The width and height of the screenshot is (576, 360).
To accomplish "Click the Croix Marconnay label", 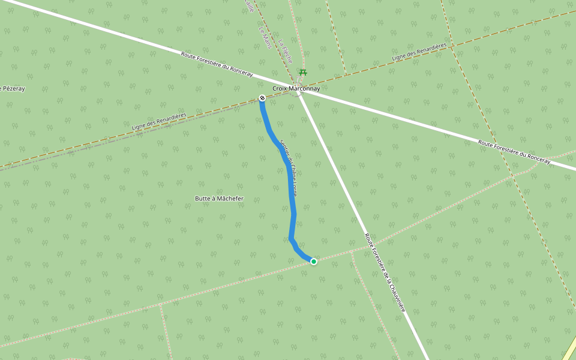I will pos(296,89).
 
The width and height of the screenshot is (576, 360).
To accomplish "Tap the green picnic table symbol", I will pos(303,72).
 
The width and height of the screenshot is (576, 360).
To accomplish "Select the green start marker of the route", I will pos(313,261).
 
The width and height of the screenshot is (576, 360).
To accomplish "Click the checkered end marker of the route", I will pos(262,98).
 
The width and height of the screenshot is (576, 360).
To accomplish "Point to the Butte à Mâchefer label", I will pos(220,198).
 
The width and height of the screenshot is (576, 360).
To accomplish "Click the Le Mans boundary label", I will pos(265,38).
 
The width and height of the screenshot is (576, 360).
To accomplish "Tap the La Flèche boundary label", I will pos(285,51).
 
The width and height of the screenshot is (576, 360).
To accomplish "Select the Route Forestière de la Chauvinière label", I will pos(385,272).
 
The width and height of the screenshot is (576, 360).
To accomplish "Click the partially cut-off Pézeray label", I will pos(13,89).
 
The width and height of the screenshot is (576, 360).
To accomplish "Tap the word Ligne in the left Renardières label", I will pos(140,127).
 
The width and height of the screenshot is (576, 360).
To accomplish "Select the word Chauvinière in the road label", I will pos(395,294).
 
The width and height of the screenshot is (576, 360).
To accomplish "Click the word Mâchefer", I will pos(230,198).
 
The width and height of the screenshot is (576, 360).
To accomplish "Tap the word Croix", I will pos(280,89).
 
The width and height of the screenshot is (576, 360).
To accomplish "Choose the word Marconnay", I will pos(304,89).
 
